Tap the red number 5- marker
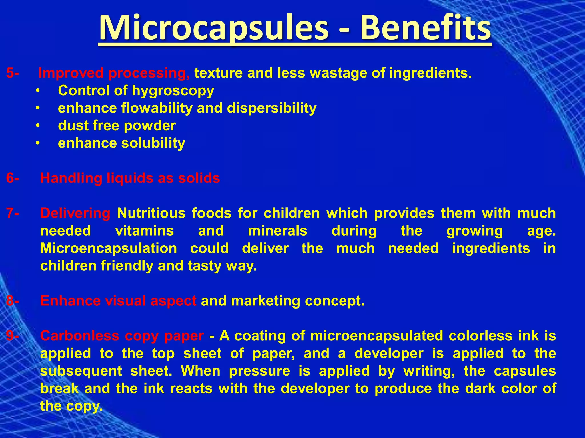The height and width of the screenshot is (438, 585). coord(13,73)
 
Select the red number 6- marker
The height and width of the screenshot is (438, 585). coord(13,178)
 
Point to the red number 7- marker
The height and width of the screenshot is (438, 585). coord(13,213)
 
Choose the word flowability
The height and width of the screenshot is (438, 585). coord(157,108)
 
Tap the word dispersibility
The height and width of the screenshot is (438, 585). coord(272,108)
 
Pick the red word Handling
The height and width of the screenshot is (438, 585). coord(71,179)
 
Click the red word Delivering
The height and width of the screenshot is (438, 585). coord(75,213)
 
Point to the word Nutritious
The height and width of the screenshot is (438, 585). coord(151,213)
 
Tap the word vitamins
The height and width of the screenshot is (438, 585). coord(144,231)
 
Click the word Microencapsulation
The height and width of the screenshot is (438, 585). coord(109,248)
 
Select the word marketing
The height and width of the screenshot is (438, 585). coord(265,301)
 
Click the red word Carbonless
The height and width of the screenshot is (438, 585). coord(79,336)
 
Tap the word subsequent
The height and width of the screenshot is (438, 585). coord(81,371)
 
